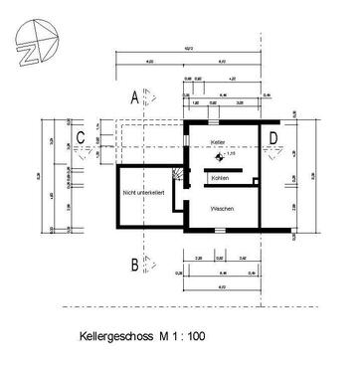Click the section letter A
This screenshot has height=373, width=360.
click(x=133, y=96)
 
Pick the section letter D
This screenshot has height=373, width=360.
click(x=273, y=136)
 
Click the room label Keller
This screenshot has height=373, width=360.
click(x=218, y=143)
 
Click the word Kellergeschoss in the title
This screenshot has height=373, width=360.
click(x=114, y=337)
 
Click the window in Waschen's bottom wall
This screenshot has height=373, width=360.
click(x=218, y=231)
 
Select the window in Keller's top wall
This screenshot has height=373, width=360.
click(x=224, y=119)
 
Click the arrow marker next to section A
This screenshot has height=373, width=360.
click(x=151, y=95)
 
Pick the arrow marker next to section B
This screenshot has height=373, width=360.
click(x=151, y=264)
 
